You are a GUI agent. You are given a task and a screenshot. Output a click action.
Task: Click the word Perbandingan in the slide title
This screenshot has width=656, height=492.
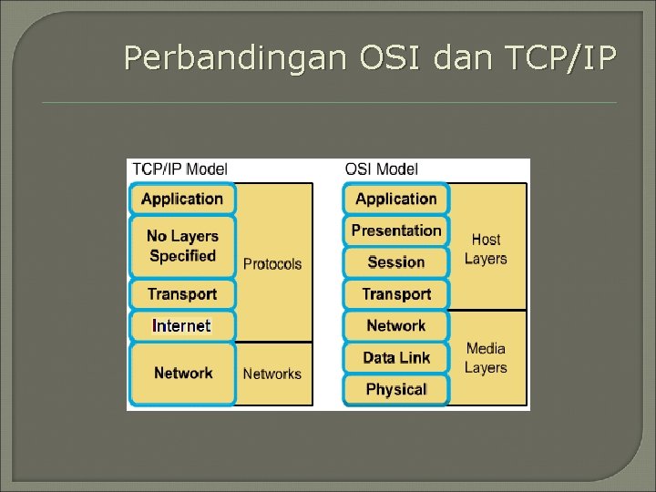235,58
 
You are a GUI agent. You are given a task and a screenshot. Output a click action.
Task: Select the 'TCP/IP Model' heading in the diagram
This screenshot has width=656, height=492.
180,169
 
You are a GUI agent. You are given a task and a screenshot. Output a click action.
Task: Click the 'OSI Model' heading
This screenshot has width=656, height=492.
382,169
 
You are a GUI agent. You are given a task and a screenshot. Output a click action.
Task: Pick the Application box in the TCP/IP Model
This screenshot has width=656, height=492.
182,199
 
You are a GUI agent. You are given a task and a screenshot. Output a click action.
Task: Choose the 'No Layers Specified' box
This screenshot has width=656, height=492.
182,246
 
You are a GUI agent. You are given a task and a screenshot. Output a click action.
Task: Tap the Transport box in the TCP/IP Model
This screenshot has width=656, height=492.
182,294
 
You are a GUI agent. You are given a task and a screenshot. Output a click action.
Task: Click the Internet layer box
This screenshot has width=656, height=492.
182,325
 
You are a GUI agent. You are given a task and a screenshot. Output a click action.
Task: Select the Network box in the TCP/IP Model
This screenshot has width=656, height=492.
182,373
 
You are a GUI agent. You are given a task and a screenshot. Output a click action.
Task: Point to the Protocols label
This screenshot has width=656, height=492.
272,264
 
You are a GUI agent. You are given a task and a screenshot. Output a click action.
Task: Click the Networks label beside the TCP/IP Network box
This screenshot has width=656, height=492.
272,374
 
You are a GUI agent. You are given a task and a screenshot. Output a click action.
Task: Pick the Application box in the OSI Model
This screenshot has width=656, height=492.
396,199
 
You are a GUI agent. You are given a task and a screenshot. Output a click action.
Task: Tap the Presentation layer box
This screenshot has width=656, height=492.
396,231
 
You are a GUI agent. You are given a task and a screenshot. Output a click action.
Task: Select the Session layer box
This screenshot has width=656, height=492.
396,262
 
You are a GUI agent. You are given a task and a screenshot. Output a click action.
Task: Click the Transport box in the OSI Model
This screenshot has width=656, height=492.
396,294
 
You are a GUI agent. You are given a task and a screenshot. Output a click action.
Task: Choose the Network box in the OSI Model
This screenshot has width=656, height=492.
396,325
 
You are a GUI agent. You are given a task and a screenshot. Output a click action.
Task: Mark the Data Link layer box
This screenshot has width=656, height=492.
396,357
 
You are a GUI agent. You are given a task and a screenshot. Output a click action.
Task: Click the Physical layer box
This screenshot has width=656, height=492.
396,389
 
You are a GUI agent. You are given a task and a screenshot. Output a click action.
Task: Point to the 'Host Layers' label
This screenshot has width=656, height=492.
486,249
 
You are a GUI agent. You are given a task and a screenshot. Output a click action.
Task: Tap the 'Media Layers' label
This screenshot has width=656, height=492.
486,358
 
